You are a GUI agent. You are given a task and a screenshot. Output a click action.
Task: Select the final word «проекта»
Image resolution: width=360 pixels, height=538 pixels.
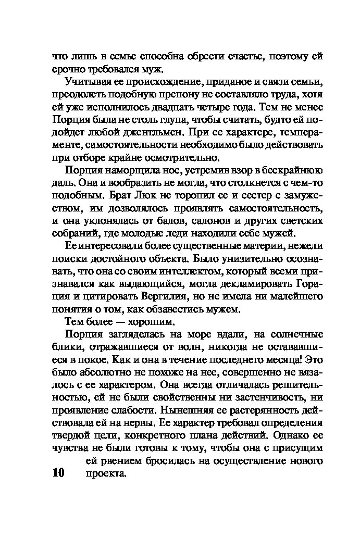tap(105, 474)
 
